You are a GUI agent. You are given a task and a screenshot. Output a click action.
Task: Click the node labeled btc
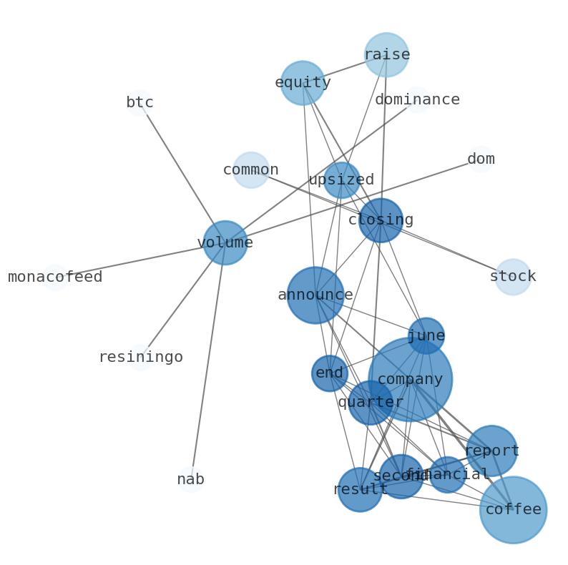(139, 103)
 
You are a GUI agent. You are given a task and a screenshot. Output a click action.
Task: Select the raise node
(386, 55)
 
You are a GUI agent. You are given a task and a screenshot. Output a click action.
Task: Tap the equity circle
(303, 83)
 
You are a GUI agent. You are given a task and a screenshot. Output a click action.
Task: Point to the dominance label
(417, 100)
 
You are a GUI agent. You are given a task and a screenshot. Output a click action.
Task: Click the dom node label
(481, 159)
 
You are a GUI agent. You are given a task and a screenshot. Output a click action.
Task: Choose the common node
(251, 170)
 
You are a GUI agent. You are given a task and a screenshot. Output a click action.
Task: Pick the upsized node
(342, 180)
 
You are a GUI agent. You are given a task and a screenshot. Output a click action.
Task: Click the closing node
(381, 220)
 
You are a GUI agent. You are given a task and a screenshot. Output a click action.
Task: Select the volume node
(225, 243)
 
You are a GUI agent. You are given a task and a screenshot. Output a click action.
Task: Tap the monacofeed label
(55, 277)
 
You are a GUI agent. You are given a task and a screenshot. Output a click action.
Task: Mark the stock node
(513, 277)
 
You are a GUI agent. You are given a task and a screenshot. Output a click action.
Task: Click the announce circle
(315, 295)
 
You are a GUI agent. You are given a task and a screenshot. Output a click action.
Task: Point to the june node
(426, 336)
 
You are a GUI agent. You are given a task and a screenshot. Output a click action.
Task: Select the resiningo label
(140, 358)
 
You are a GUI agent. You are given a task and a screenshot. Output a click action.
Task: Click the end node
(330, 373)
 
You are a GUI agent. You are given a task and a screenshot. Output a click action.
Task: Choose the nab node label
(191, 480)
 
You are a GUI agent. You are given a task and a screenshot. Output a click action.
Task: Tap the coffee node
(513, 510)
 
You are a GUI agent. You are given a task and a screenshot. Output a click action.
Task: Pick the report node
(491, 451)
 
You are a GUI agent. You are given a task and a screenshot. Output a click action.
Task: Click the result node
(360, 490)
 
